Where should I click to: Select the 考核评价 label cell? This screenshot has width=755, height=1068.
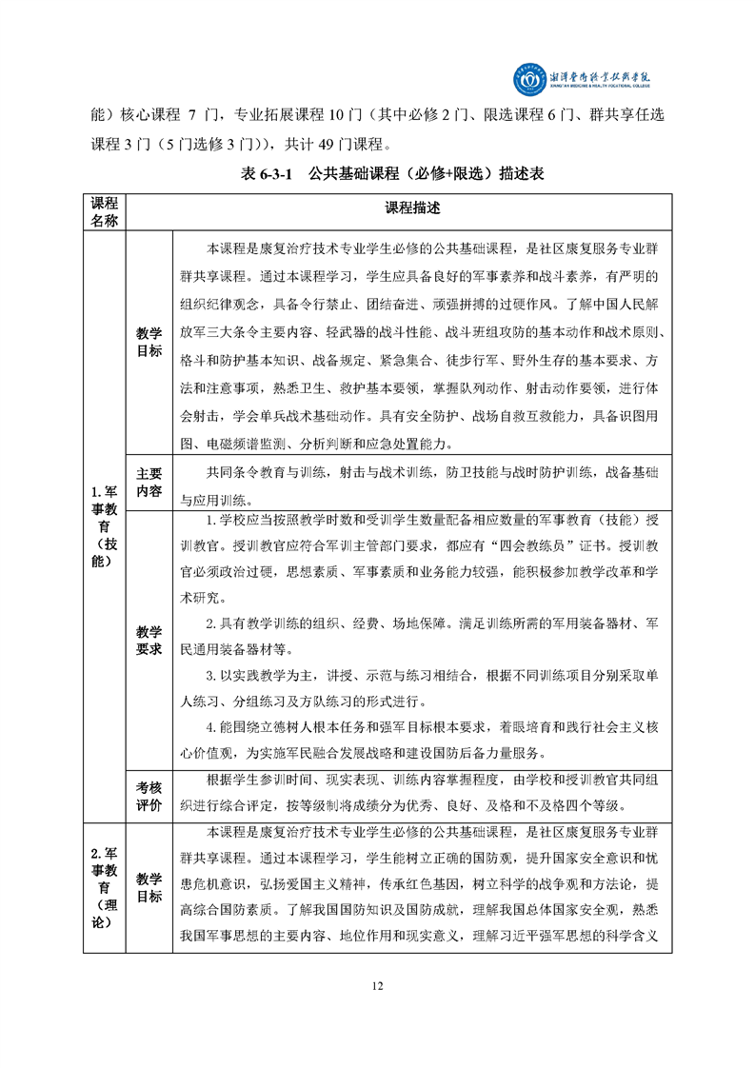(149, 795)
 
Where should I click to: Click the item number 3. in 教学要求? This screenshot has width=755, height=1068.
(213, 676)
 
